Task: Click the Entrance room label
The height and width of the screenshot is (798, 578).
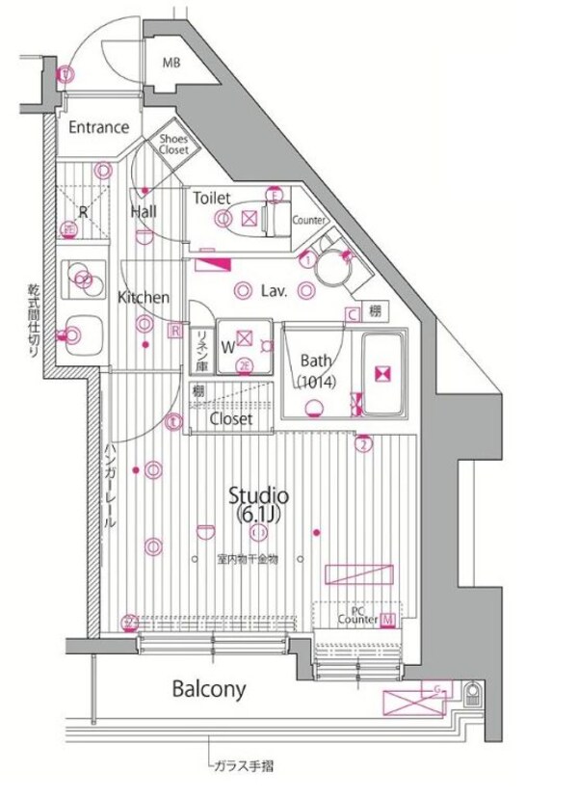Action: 98,126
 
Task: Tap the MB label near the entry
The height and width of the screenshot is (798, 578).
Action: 171,65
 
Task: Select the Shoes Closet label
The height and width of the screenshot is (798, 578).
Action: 174,145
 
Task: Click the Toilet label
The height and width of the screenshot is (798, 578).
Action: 212,198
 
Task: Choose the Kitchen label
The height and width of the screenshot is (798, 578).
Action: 144,298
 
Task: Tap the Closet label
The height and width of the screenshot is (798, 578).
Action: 231,419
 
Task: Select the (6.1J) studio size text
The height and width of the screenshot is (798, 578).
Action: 257,517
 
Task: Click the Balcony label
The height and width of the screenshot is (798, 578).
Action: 209,689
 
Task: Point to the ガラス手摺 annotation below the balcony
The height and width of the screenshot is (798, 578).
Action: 245,767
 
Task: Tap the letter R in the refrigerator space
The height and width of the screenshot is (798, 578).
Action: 83,211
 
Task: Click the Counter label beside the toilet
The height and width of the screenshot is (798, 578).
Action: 308,220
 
